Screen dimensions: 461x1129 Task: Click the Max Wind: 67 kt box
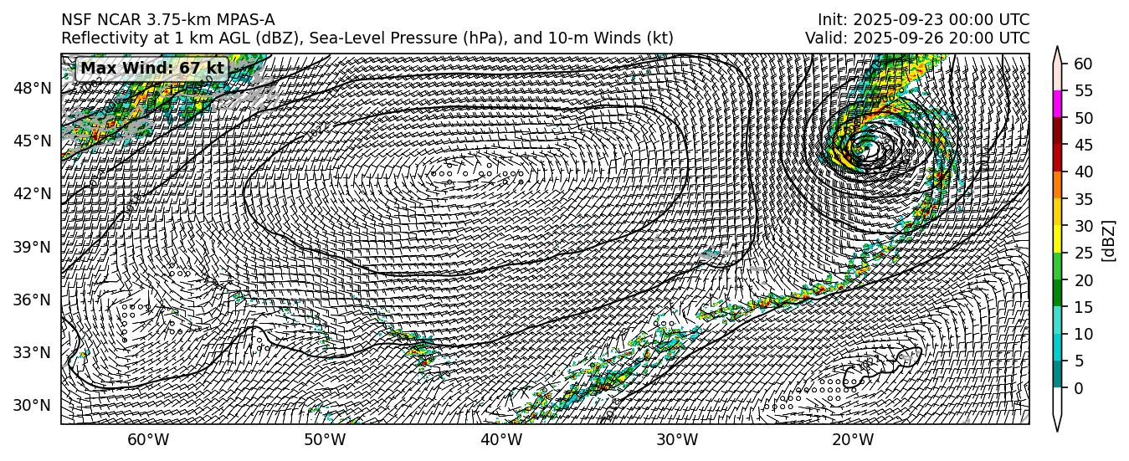[152, 69]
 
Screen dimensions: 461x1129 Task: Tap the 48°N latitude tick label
[34, 88]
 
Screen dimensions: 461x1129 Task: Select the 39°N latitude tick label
[34, 247]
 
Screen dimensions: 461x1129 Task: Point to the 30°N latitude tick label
[34, 406]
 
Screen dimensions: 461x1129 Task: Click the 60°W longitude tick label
[148, 441]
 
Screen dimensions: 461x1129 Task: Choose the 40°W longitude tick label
[500, 441]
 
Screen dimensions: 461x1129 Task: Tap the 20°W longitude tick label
[853, 441]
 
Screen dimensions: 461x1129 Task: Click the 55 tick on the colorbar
[1084, 90]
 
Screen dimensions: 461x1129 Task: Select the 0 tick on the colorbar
[1080, 388]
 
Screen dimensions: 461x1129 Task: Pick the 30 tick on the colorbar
[1084, 226]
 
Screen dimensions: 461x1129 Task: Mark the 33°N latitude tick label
[34, 352]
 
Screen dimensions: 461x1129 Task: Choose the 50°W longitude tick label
[325, 441]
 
